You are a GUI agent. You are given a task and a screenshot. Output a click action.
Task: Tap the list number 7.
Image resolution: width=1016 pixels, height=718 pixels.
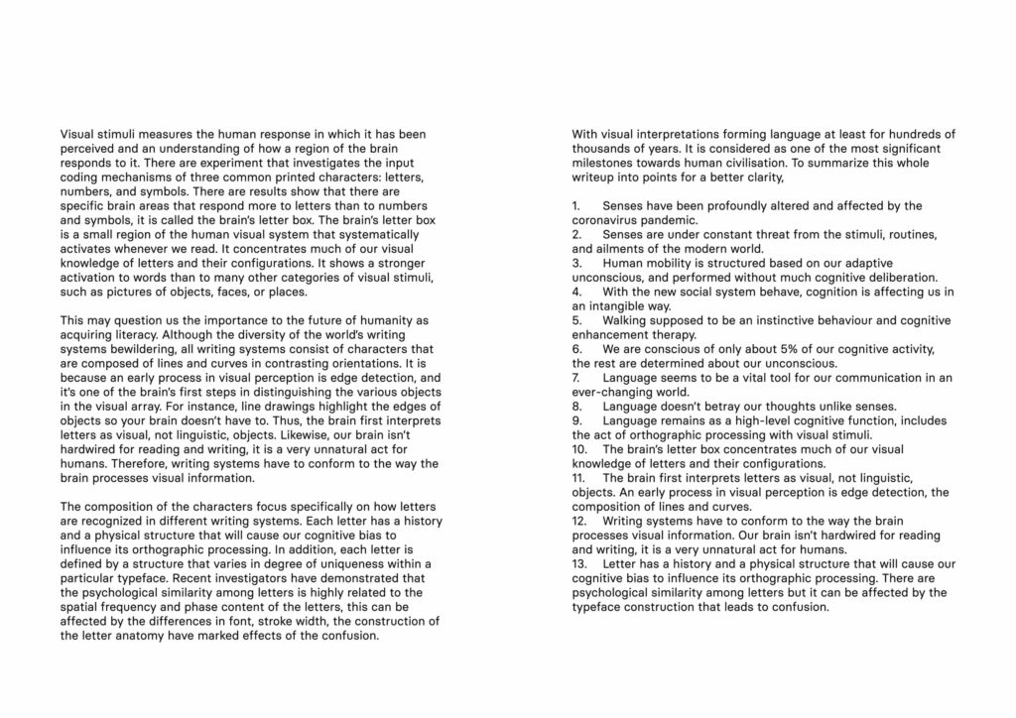click(x=576, y=378)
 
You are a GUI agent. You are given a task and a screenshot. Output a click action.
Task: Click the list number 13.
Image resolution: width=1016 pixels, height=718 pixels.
click(x=580, y=564)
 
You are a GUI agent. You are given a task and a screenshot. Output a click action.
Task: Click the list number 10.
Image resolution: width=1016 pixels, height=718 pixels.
click(x=580, y=449)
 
